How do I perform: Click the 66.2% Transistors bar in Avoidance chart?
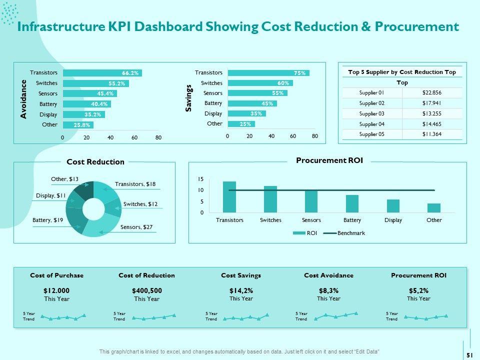[102, 73]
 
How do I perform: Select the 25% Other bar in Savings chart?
[241, 124]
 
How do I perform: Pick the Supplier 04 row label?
[372, 123]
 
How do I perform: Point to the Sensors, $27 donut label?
[136, 227]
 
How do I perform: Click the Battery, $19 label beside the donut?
[47, 220]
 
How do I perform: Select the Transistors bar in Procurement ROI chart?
[229, 197]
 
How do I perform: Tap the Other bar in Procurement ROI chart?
[434, 207]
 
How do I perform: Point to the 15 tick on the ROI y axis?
[200, 179]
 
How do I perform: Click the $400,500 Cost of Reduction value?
[147, 290]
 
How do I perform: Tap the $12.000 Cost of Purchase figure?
[56, 290]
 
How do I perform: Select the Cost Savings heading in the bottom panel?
[241, 275]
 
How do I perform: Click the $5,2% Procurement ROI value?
[418, 290]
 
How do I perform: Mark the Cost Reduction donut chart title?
[95, 162]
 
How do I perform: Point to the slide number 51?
[469, 354]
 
